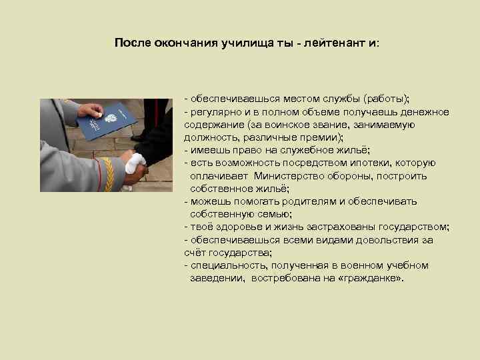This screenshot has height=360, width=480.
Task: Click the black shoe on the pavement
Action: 141,136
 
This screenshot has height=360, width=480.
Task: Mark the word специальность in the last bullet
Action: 221,265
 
